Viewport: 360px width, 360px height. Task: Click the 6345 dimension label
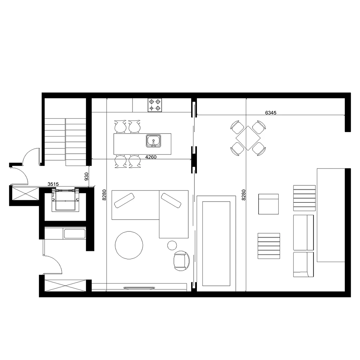click(271, 113)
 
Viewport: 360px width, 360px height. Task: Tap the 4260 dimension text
click(151, 157)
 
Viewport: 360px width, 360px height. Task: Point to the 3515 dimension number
click(53, 184)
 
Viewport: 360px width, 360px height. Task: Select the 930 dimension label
click(86, 176)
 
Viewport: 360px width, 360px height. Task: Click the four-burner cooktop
click(155, 105)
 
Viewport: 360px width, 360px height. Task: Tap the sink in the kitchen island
click(153, 141)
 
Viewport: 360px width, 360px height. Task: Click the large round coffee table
click(129, 245)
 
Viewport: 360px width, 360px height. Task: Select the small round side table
click(172, 245)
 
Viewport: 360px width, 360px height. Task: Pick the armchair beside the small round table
click(181, 261)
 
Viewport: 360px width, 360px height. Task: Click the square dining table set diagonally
click(248, 138)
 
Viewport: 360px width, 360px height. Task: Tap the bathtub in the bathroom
click(75, 234)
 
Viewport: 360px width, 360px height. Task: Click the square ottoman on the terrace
click(269, 204)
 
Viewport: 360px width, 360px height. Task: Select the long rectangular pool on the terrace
click(216, 244)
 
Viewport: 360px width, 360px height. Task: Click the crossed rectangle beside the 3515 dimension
click(25, 193)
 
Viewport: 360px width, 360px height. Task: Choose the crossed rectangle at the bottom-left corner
click(65, 285)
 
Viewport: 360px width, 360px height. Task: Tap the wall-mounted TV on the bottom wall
click(139, 287)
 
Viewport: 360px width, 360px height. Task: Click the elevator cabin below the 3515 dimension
click(65, 199)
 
